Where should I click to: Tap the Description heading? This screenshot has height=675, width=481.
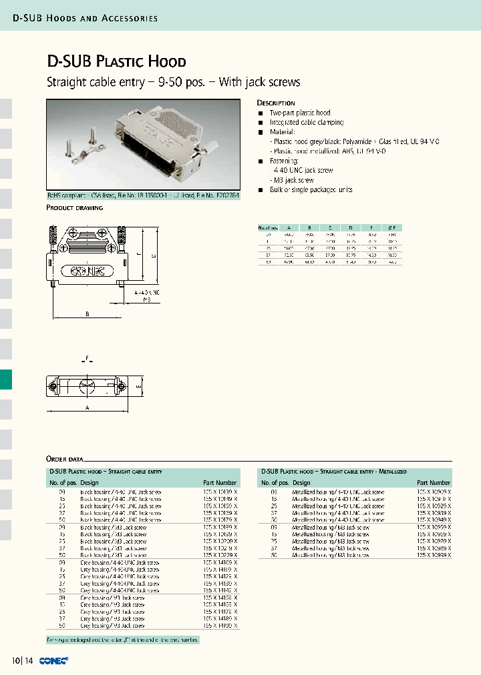point(276,103)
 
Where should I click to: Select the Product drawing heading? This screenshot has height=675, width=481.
point(74,208)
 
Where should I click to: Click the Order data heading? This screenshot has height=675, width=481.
point(65,459)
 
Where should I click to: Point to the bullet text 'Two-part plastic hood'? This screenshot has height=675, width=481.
point(300,113)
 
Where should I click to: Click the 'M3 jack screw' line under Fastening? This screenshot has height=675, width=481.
point(293,180)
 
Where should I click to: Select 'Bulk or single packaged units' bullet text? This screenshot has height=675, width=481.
point(311,190)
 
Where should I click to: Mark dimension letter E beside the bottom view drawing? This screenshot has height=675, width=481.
point(138,386)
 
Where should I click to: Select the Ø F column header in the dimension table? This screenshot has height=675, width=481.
point(392,228)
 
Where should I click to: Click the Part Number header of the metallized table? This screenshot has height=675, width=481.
point(434,482)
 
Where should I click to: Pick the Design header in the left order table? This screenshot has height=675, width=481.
point(90,482)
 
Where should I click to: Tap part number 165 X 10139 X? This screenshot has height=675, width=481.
point(220,492)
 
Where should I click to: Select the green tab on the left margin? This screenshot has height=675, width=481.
point(6,380)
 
